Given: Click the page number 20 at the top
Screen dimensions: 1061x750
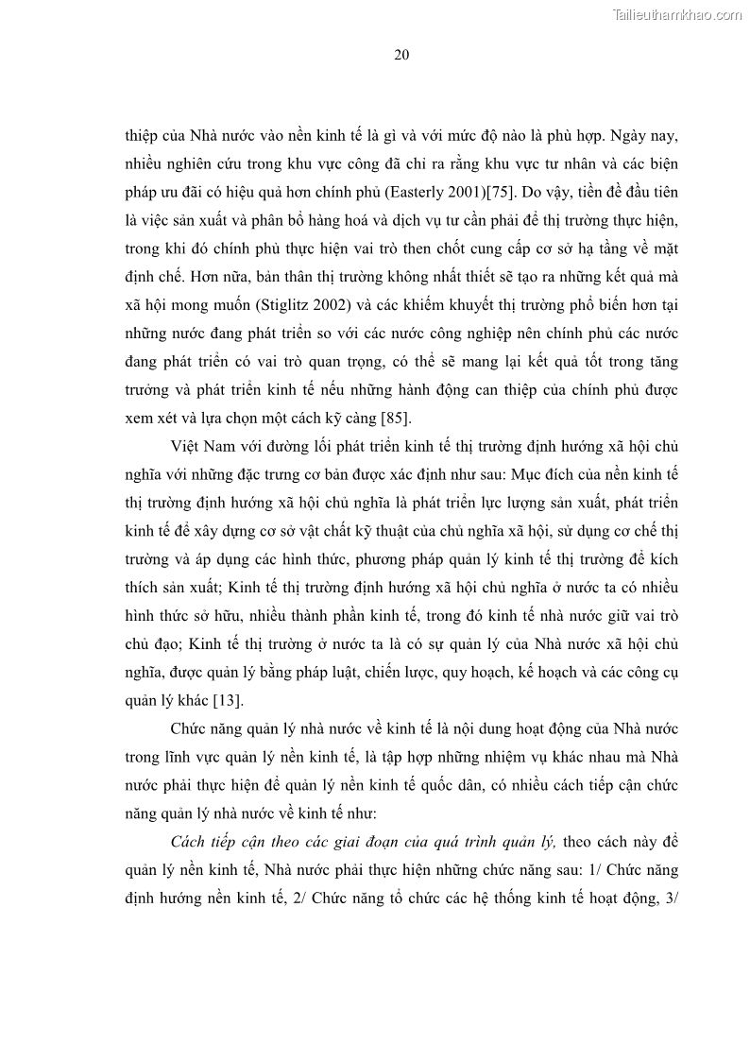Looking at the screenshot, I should pyautogui.click(x=401, y=54).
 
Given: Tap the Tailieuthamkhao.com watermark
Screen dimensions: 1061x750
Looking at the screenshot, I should pyautogui.click(x=677, y=14).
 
